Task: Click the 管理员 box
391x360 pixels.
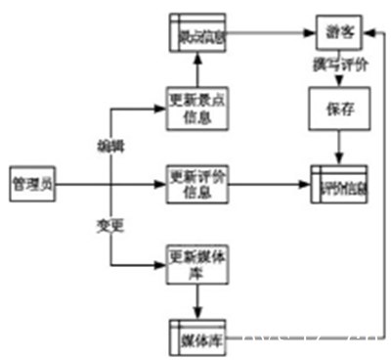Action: click(31, 183)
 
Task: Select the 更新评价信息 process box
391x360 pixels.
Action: click(197, 183)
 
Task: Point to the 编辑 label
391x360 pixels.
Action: click(109, 146)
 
